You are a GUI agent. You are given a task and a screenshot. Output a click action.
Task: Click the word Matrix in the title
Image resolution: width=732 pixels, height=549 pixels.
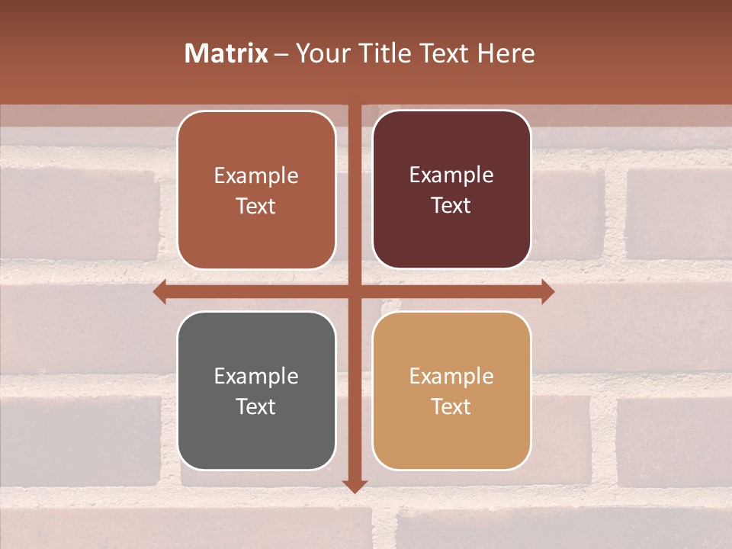pyautogui.click(x=226, y=53)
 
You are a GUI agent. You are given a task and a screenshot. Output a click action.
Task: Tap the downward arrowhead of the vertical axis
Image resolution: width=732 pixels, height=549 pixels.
pyautogui.click(x=355, y=486)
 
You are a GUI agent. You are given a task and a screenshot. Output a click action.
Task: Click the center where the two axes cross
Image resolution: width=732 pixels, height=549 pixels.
pyautogui.click(x=355, y=291)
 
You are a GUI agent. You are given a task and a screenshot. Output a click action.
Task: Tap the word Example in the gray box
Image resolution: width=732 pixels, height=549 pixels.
pyautogui.click(x=256, y=376)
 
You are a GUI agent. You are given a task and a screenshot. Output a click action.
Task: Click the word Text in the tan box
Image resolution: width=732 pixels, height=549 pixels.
pyautogui.click(x=451, y=406)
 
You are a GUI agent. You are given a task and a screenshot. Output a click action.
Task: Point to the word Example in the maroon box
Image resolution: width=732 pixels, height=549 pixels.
pyautogui.click(x=451, y=175)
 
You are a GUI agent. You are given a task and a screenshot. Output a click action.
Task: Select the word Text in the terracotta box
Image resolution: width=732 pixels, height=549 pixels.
pyautogui.click(x=256, y=206)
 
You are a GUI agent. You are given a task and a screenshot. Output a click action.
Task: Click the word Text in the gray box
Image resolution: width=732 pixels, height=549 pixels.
pyautogui.click(x=256, y=406)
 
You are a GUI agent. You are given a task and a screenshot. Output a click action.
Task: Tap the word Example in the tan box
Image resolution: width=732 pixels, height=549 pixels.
pyautogui.click(x=451, y=376)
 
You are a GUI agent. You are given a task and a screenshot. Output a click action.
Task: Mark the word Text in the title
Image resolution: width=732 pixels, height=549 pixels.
pyautogui.click(x=441, y=53)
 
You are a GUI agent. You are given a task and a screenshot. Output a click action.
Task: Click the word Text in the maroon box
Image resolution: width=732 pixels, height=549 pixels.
pyautogui.click(x=451, y=205)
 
